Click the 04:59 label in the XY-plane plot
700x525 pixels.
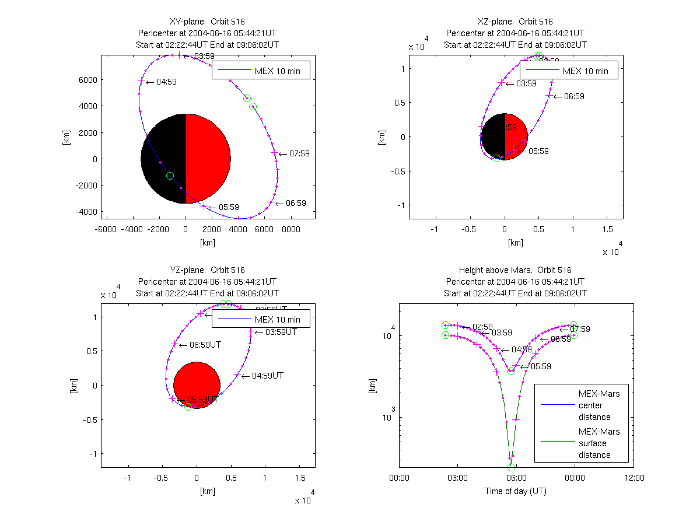coord(166,82)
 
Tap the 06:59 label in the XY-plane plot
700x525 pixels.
coord(296,203)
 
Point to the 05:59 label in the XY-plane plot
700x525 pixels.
coord(230,207)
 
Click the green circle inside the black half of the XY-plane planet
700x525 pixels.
coord(170,176)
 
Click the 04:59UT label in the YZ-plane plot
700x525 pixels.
coord(268,376)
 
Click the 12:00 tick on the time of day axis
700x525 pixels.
coord(634,478)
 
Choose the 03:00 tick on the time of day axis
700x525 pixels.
coord(457,478)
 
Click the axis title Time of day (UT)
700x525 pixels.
coord(515,491)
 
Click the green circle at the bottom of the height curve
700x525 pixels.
coord(512,467)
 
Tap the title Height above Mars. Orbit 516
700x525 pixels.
coord(515,270)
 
